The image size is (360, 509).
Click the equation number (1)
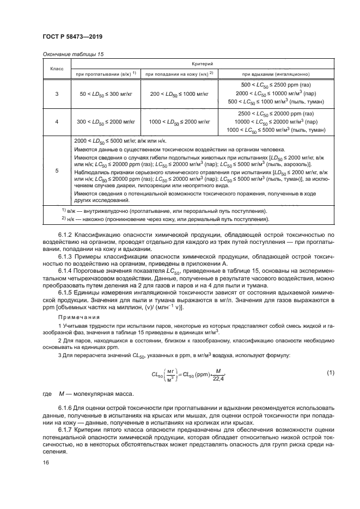pyautogui.click(x=330, y=372)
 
